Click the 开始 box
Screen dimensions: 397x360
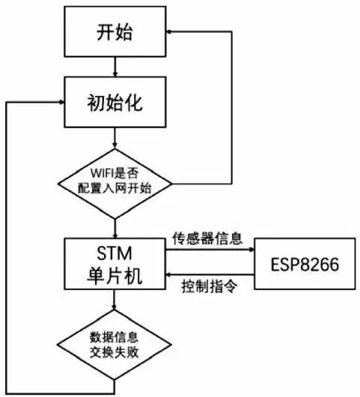(x=115, y=32)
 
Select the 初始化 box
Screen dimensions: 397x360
(x=115, y=102)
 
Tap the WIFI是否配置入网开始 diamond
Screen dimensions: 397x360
(x=115, y=181)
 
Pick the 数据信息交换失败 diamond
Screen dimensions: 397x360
(x=115, y=343)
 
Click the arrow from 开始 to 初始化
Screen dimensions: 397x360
(x=115, y=66)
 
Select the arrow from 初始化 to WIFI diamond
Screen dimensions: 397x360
(x=115, y=136)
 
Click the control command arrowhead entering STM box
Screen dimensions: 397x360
(x=170, y=274)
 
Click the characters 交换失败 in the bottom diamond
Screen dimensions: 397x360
(x=115, y=352)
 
